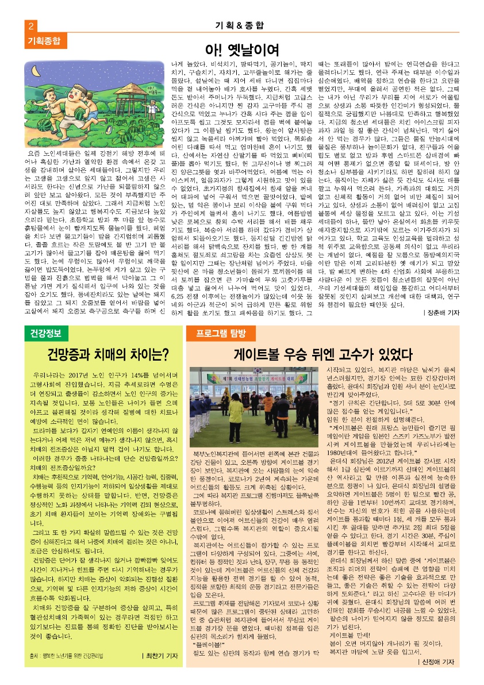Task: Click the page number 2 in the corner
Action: tap(30, 26)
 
